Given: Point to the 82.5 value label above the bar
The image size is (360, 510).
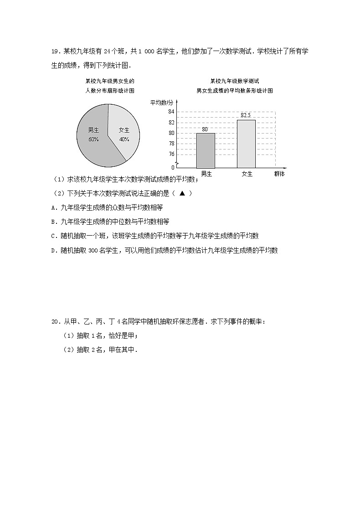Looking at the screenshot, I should tap(246, 115).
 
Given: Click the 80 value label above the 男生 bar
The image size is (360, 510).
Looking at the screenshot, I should tap(205, 129).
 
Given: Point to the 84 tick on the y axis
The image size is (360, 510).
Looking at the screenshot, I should tap(171, 112).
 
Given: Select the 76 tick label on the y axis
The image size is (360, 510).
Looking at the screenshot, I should tap(171, 154).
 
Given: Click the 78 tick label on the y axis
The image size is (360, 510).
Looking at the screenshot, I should tap(171, 144).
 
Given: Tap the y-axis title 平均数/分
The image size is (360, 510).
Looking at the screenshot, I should tap(162, 102).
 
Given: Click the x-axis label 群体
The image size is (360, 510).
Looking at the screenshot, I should tap(279, 174).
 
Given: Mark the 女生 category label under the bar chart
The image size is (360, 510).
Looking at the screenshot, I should tap(247, 174).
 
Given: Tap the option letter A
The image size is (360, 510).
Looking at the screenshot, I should tap(54, 207).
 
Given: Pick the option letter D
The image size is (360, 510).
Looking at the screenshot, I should tap(54, 250).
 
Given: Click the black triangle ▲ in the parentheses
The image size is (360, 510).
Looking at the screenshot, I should tap(182, 193).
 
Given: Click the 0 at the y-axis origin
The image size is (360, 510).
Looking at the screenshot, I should tap(173, 168).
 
